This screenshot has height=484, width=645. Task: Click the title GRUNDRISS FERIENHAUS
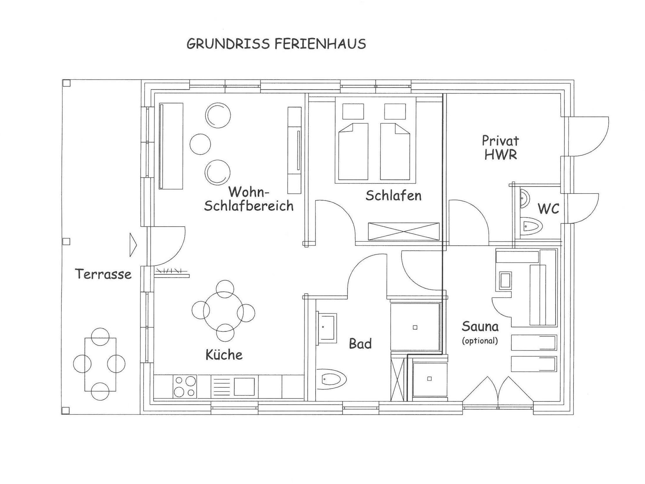(x=276, y=44)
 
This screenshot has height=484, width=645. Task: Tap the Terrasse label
(x=103, y=274)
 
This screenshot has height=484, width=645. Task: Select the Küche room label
(x=224, y=354)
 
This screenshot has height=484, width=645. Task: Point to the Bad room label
(x=360, y=344)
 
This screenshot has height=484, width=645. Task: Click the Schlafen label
(x=393, y=195)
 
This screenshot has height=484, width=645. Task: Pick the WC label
(x=548, y=209)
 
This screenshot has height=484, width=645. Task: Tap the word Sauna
(x=480, y=327)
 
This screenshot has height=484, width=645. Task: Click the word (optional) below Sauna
(x=480, y=340)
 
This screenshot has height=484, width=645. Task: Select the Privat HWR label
(x=500, y=148)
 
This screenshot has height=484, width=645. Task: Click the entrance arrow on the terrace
(x=133, y=245)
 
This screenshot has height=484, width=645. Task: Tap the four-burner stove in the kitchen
(x=185, y=386)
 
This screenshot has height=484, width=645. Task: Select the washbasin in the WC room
(x=524, y=199)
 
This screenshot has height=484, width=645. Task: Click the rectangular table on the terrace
(x=100, y=364)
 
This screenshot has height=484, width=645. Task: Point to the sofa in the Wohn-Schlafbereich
(x=171, y=146)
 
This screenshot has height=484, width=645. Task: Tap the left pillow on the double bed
(x=353, y=111)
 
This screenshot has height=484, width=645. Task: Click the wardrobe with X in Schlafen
(x=404, y=232)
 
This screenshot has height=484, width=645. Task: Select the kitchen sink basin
(x=244, y=386)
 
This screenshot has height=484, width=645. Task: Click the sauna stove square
(x=505, y=280)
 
